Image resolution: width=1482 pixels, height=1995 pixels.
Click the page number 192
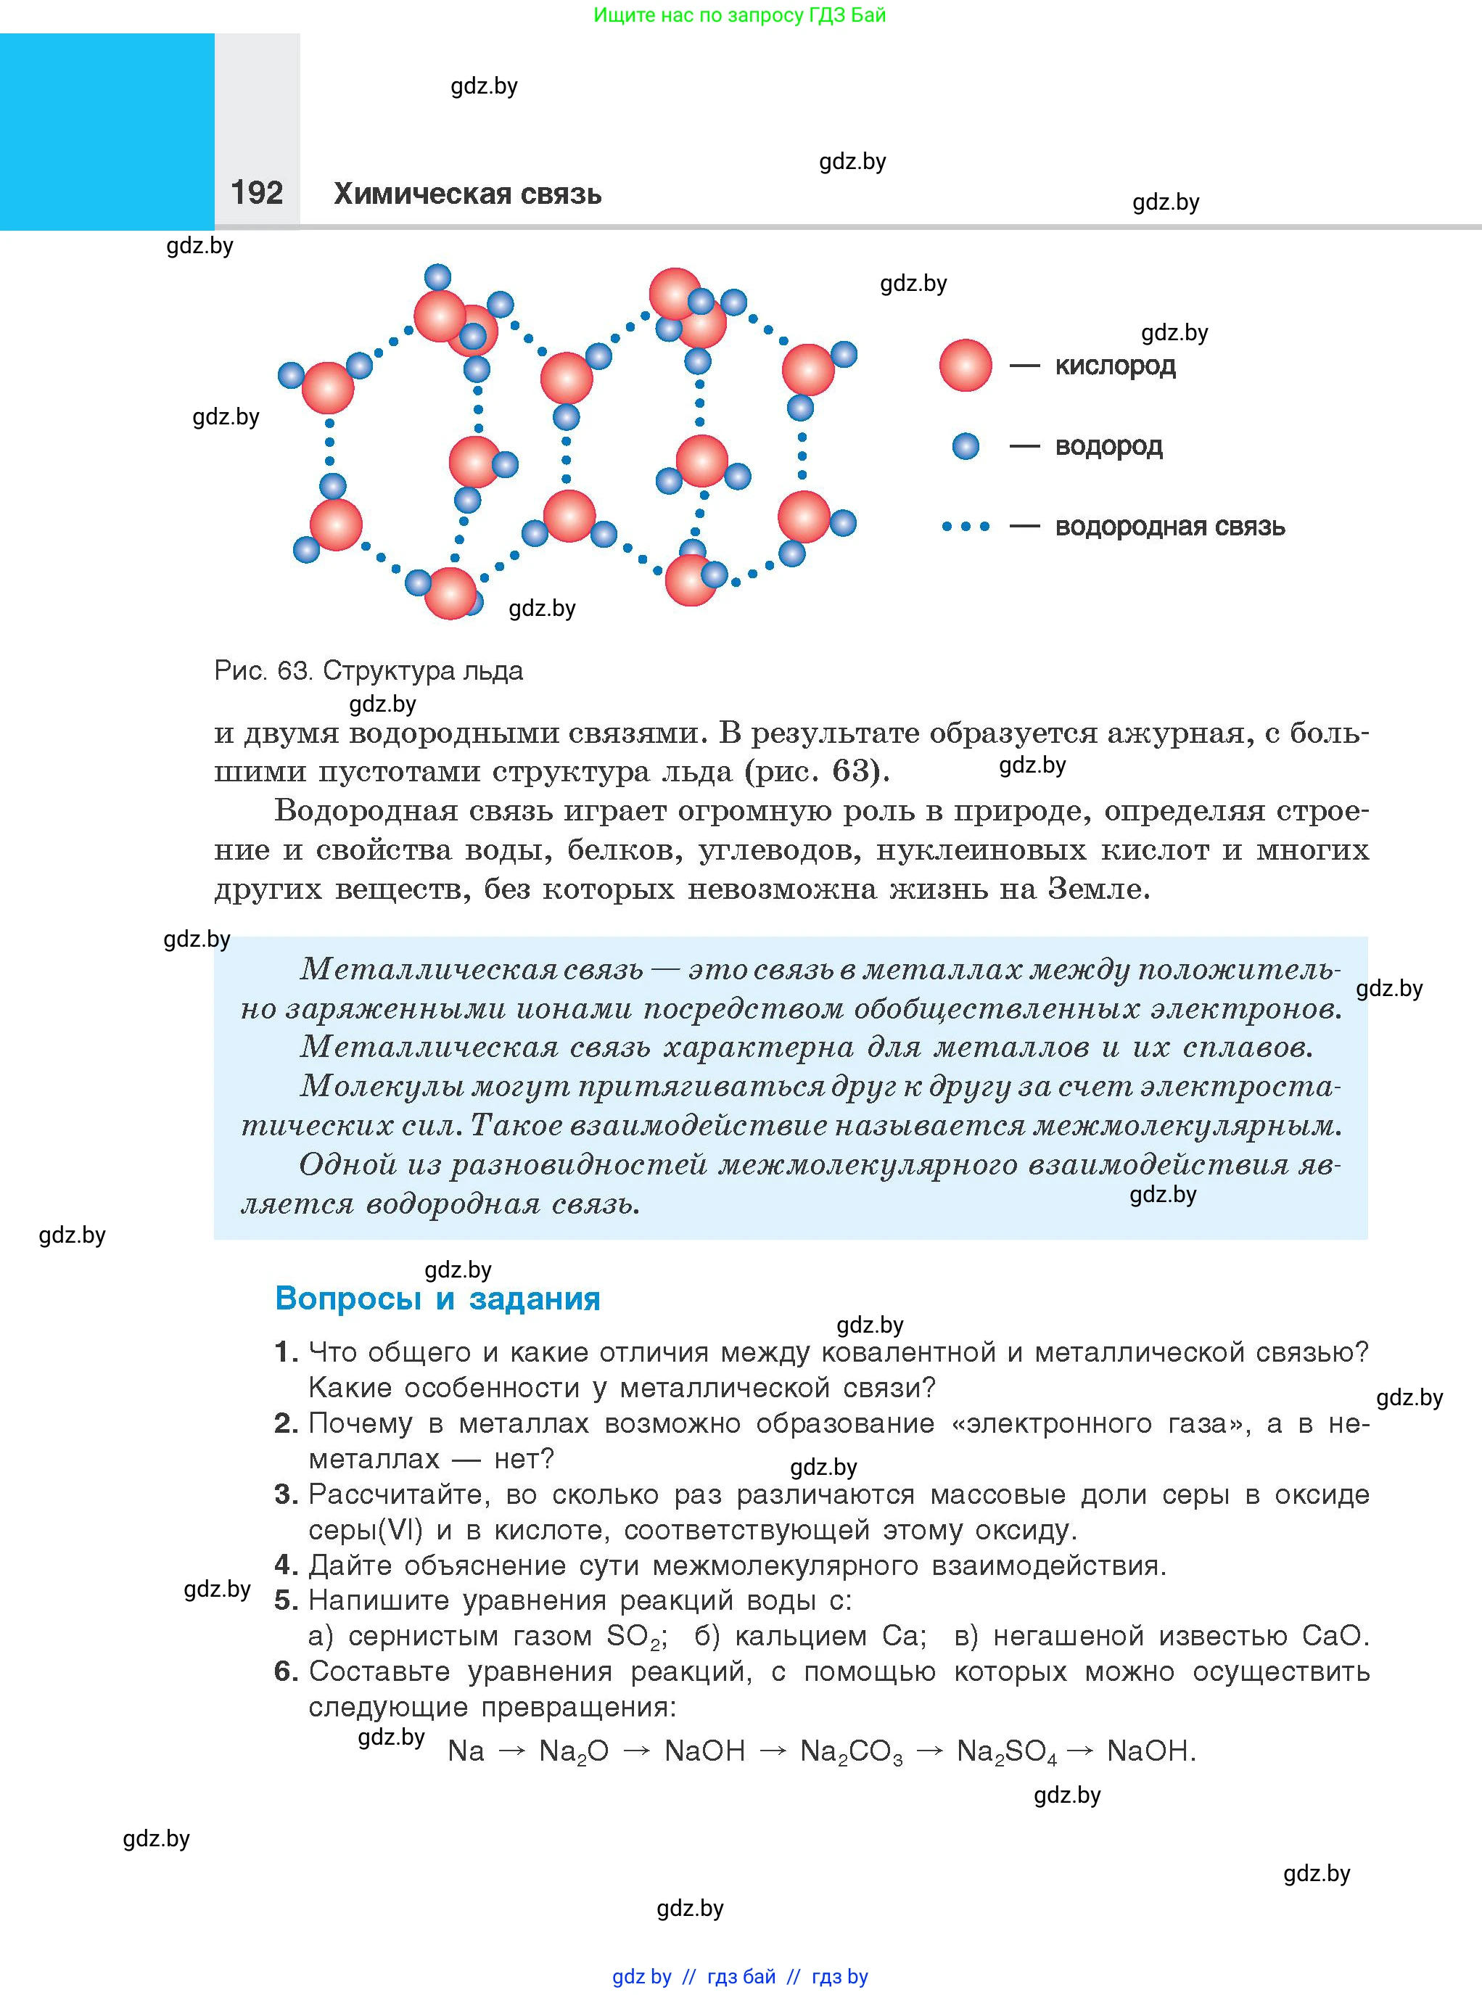(257, 193)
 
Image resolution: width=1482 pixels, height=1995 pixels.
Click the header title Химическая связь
(467, 194)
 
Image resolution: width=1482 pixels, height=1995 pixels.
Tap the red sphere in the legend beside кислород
(966, 365)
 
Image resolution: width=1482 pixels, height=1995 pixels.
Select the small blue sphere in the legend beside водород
(966, 446)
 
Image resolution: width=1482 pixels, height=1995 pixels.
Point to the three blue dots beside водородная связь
(966, 527)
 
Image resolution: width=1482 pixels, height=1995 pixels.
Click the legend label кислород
(1114, 366)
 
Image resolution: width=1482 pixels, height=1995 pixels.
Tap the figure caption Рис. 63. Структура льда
(368, 670)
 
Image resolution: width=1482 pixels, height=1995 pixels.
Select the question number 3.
(285, 1494)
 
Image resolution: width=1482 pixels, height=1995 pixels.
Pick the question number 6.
(285, 1671)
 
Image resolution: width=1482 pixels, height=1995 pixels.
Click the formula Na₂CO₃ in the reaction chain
(850, 1751)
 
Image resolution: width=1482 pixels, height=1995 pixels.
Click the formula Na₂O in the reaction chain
(573, 1751)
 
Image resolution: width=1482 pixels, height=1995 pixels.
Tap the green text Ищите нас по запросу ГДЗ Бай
(739, 15)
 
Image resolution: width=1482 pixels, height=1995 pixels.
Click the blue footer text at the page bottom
(739, 1976)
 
